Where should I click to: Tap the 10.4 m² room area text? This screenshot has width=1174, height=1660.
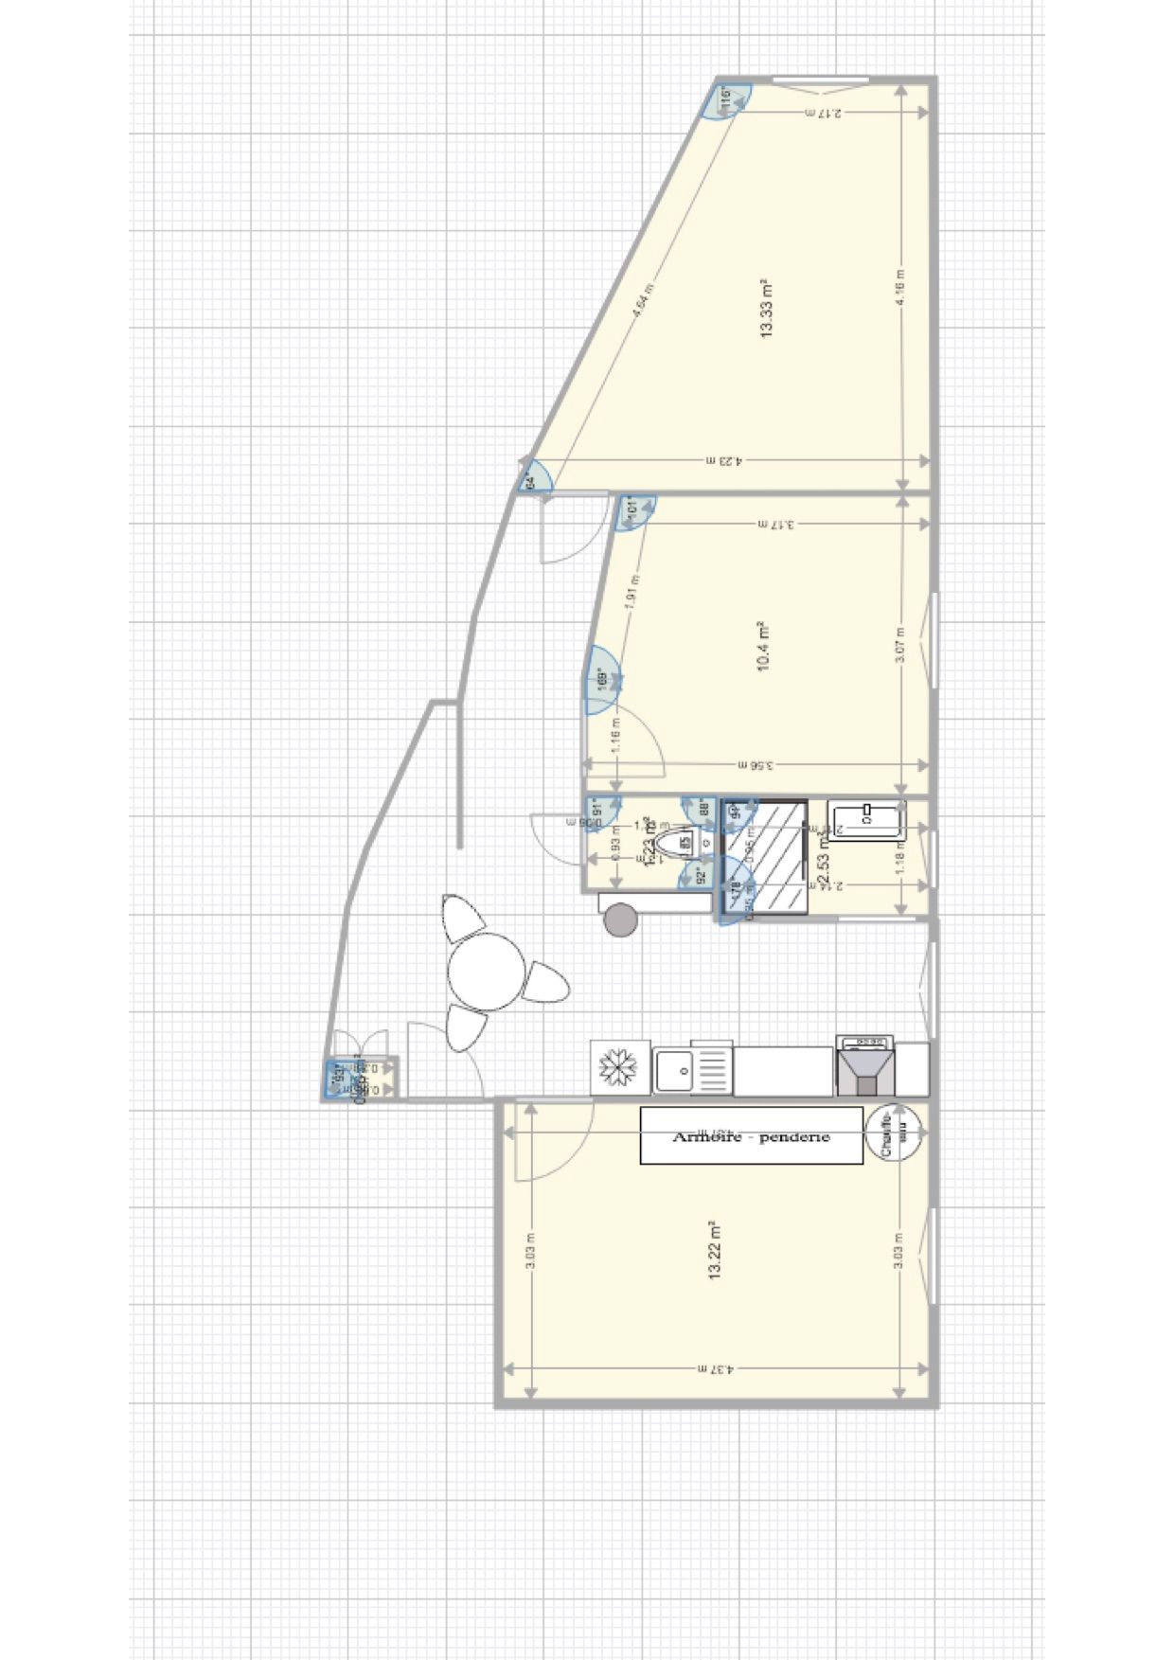pyautogui.click(x=763, y=647)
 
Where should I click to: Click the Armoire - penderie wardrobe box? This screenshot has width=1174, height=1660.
pyautogui.click(x=751, y=1135)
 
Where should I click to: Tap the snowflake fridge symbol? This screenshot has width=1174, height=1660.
pyautogui.click(x=620, y=1069)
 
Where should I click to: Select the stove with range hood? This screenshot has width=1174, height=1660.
pyautogui.click(x=865, y=1067)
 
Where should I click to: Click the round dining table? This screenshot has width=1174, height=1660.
pyautogui.click(x=487, y=972)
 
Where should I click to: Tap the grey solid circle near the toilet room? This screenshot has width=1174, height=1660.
pyautogui.click(x=620, y=919)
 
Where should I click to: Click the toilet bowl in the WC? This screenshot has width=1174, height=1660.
pyautogui.click(x=676, y=842)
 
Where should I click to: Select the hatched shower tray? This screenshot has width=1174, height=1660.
pyautogui.click(x=766, y=858)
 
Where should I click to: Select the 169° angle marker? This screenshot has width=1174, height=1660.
pyautogui.click(x=601, y=680)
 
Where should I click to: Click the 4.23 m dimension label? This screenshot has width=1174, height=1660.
pyautogui.click(x=724, y=461)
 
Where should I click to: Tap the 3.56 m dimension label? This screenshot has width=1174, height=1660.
pyautogui.click(x=755, y=765)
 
